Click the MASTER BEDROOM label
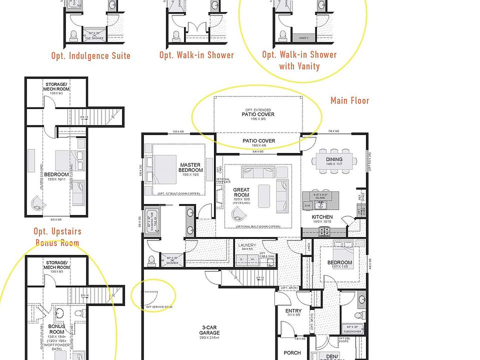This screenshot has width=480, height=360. pyautogui.click(x=190, y=167)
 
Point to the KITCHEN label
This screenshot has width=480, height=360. pyautogui.click(x=322, y=217)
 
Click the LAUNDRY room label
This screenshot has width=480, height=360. pyautogui.click(x=247, y=245)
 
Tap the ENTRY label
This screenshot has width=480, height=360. pyautogui.click(x=293, y=311)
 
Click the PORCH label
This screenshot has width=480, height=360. pyautogui.click(x=292, y=353)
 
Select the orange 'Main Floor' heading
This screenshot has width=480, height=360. pyautogui.click(x=349, y=100)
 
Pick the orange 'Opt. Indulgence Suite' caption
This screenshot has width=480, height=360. pyautogui.click(x=90, y=55)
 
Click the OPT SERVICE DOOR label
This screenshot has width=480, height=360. pyautogui.click(x=159, y=306)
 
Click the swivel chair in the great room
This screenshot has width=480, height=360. pyautogui.click(x=238, y=215)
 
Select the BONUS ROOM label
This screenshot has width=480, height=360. pyautogui.click(x=56, y=329)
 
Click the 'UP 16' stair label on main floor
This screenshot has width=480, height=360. pyautogui.click(x=260, y=278)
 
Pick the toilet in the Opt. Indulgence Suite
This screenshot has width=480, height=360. pyautogui.click(x=73, y=35)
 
